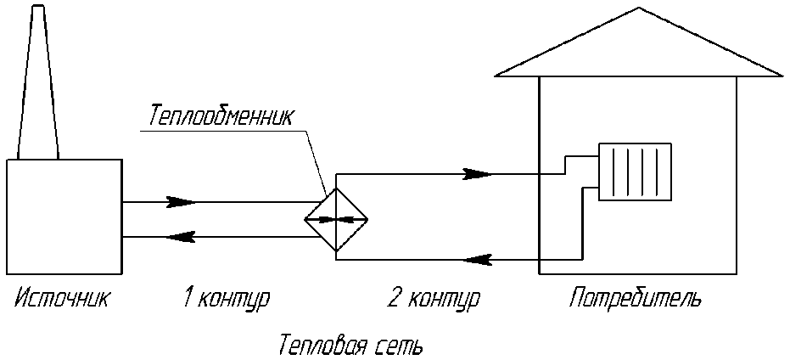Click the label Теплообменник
tap(221, 115)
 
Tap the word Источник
tap(62, 299)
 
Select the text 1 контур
tap(226, 299)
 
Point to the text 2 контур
tap(433, 299)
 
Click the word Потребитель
tap(636, 299)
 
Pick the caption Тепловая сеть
tap(350, 346)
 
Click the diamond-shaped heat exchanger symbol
tap(337, 219)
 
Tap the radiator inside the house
tap(635, 172)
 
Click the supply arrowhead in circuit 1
tap(181, 202)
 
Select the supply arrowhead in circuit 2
tap(478, 174)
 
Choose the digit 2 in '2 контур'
tap(393, 299)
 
